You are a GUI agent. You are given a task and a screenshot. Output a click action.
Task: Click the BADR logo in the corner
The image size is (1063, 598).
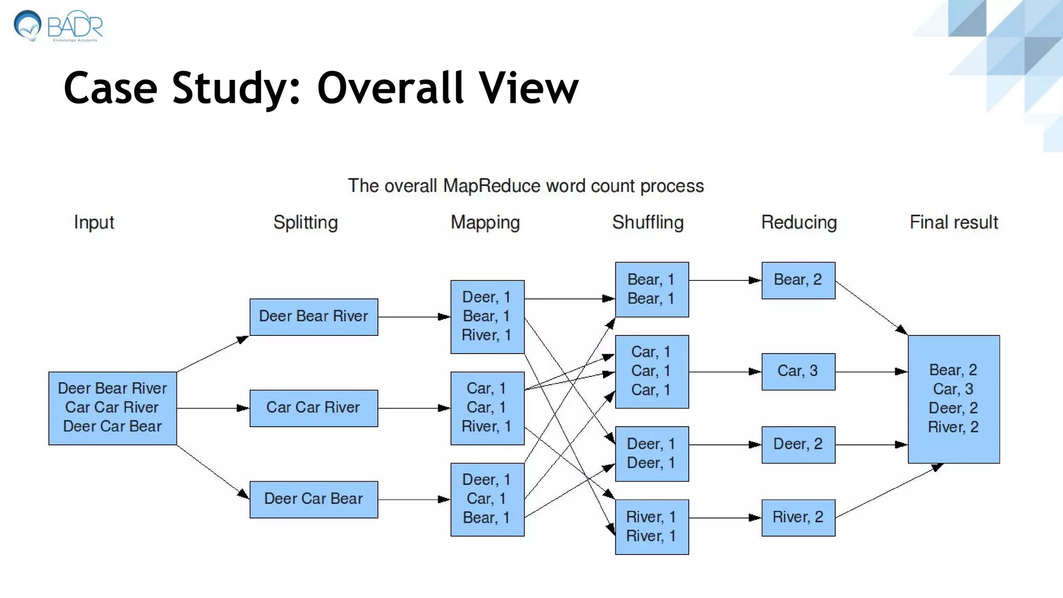click(x=58, y=26)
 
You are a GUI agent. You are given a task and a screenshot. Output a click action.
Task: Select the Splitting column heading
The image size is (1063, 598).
click(x=305, y=222)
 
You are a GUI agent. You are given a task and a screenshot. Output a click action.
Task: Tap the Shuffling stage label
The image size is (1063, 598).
click(x=648, y=222)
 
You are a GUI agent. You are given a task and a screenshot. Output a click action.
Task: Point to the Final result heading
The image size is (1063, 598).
click(x=953, y=222)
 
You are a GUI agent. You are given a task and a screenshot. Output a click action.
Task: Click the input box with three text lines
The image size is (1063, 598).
click(x=113, y=408)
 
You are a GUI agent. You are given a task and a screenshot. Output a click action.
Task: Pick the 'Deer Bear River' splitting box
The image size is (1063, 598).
click(x=314, y=317)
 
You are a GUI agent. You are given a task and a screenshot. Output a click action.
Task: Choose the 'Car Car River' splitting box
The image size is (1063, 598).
click(x=314, y=408)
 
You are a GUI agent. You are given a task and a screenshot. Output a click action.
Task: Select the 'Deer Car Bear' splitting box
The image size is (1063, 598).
click(x=314, y=499)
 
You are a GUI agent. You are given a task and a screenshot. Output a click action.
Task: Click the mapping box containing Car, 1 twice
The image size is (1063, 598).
click(x=487, y=408)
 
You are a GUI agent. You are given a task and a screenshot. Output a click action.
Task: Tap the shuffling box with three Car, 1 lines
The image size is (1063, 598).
click(x=651, y=372)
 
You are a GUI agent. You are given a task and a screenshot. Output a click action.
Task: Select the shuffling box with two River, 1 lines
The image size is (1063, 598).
click(x=651, y=527)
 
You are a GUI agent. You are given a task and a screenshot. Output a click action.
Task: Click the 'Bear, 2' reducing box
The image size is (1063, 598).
click(x=798, y=280)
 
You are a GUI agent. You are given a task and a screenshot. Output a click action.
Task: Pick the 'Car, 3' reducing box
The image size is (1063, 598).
click(x=798, y=372)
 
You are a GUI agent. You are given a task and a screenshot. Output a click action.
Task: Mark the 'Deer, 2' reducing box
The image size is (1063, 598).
click(x=798, y=444)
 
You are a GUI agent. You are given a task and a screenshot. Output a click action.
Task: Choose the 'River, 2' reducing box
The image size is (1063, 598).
click(x=798, y=518)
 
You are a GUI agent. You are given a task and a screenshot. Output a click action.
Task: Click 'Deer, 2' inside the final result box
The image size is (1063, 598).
click(x=953, y=408)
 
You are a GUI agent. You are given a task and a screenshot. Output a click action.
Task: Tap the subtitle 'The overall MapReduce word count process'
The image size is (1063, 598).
click(x=525, y=186)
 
